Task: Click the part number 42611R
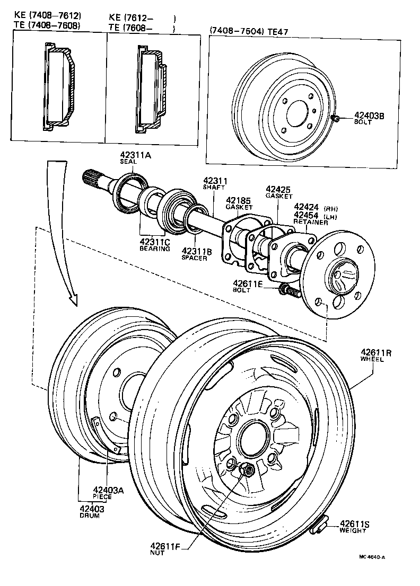377,352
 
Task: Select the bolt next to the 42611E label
286,289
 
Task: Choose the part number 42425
279,189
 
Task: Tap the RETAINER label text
311,223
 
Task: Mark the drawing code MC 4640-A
372,556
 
